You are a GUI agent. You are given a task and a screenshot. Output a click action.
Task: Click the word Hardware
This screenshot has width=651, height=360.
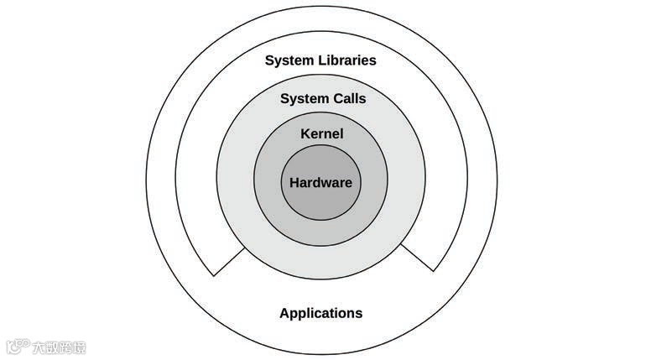click(x=320, y=183)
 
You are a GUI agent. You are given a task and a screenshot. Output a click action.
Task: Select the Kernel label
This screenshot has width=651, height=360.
click(x=321, y=133)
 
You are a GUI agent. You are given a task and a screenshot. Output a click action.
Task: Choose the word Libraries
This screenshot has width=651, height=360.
click(x=346, y=60)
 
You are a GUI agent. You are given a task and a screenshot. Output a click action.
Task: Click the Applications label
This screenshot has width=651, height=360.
click(x=320, y=313)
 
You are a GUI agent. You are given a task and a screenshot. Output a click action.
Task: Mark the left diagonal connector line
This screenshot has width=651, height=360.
click(x=229, y=262)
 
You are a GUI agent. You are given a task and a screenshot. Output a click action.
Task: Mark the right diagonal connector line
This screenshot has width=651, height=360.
click(x=418, y=258)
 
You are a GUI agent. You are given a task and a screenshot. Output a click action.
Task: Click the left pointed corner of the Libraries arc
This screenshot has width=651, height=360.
click(x=214, y=275)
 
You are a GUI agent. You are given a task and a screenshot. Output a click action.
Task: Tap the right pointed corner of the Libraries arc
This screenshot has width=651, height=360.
click(x=435, y=271)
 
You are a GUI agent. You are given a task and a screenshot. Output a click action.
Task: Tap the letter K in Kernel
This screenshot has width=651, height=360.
click(x=305, y=133)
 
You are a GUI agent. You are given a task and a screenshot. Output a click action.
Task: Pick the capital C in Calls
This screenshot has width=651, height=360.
click(x=333, y=99)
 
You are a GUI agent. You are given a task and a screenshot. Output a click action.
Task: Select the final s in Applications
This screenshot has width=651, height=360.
click(x=359, y=314)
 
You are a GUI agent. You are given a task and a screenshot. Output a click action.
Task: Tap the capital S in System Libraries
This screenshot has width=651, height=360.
click(x=269, y=60)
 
